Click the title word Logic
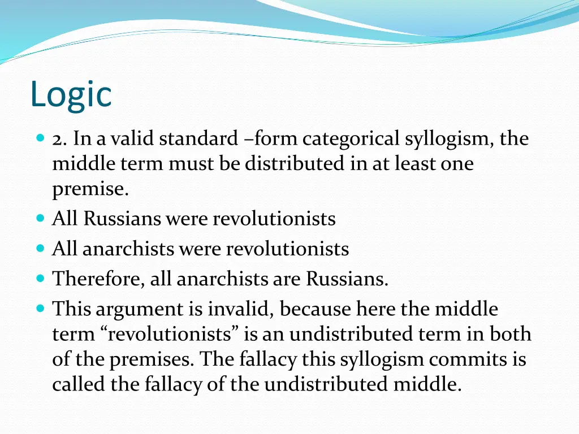click(71, 95)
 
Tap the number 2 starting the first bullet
click(58, 138)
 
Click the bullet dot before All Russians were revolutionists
click(40, 218)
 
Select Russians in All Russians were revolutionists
click(122, 218)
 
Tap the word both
click(511, 335)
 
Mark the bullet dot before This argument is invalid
click(40, 309)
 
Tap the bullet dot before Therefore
click(40, 279)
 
